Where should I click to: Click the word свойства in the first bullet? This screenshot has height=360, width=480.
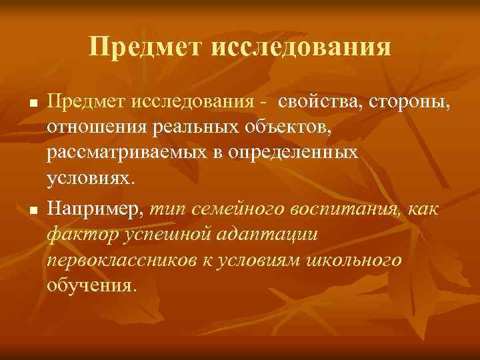(317, 103)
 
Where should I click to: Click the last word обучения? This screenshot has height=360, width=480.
(92, 285)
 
